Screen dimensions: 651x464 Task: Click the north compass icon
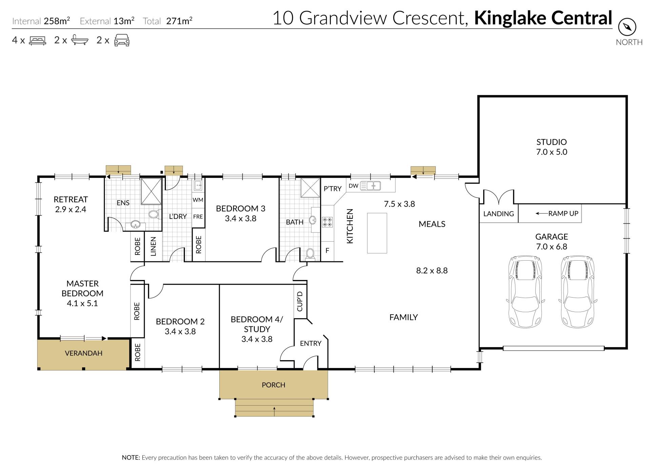tap(627, 27)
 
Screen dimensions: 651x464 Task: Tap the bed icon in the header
tap(37, 41)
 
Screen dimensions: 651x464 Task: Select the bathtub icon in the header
tap(80, 40)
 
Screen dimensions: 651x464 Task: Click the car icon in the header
tap(122, 40)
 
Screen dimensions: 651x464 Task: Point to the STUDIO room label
tap(551, 142)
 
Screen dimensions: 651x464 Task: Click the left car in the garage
tap(526, 292)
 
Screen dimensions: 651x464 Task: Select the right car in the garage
tap(577, 292)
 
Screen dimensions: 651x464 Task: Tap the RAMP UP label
tap(563, 214)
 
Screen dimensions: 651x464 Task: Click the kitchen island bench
tap(377, 233)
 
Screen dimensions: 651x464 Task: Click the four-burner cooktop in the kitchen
tap(328, 222)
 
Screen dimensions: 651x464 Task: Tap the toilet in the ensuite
tap(154, 214)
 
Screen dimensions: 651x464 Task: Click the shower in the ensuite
tap(151, 191)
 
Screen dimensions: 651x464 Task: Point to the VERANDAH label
tap(83, 353)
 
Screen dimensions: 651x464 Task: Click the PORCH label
tap(273, 385)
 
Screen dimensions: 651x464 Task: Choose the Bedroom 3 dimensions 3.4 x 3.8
tap(240, 219)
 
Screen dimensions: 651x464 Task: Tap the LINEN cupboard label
tap(153, 246)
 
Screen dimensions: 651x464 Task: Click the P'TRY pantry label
tap(332, 189)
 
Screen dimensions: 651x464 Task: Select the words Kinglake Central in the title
tap(543, 18)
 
